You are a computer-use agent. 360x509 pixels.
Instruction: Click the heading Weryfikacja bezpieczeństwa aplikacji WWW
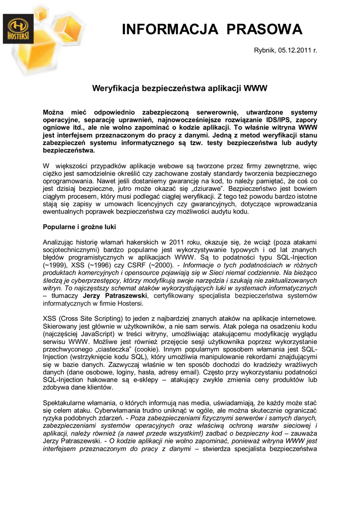click(x=180, y=88)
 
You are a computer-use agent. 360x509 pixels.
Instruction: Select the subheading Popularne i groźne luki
click(x=80, y=227)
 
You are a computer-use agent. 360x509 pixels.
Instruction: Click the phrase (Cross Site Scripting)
click(x=95, y=318)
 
